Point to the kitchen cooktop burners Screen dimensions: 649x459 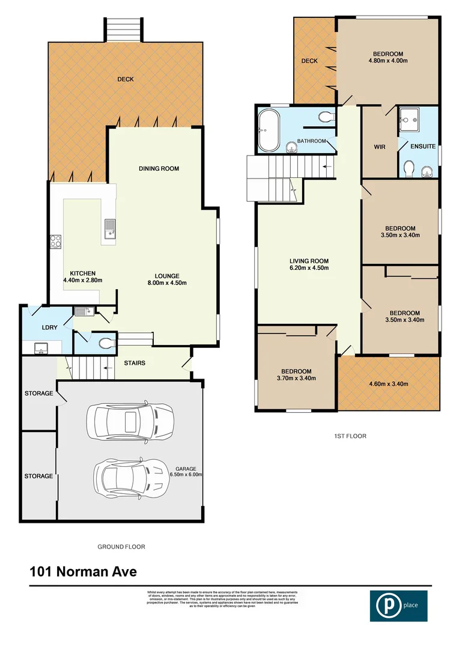click(x=56, y=242)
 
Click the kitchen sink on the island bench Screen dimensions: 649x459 click(x=109, y=229)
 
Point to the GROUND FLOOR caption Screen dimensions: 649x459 click(x=121, y=547)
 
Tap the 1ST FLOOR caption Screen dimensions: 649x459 click(x=349, y=436)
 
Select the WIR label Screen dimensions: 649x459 click(x=378, y=147)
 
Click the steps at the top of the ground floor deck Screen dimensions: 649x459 click(x=124, y=28)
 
